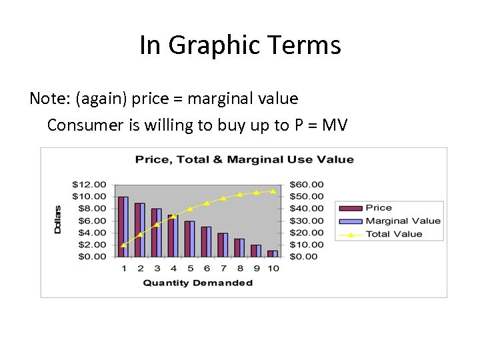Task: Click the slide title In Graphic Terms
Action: point(240,45)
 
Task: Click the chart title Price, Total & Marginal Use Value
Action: point(244,159)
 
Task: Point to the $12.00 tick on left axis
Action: point(89,184)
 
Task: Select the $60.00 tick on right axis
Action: point(307,184)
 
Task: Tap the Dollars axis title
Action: point(57,219)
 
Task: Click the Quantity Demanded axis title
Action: point(198,283)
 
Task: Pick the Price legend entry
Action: point(379,208)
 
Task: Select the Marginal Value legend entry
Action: point(403,221)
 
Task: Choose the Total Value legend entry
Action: point(393,234)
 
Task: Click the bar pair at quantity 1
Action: point(123,227)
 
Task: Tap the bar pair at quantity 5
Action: point(190,239)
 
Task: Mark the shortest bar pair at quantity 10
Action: point(273,253)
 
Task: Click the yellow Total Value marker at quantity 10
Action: point(273,191)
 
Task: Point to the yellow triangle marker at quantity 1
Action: point(123,245)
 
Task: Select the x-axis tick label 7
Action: point(223,268)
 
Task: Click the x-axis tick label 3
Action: point(157,268)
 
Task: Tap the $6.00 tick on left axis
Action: point(91,221)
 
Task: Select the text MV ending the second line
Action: point(334,125)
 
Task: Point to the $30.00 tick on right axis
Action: point(307,221)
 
